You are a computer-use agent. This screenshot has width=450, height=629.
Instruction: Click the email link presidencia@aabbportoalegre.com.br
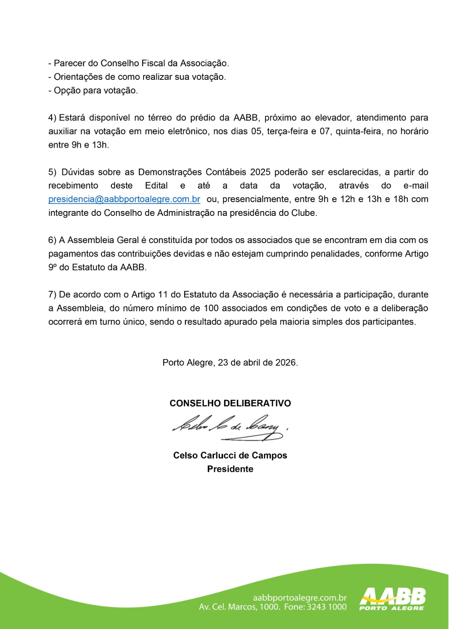[124, 199]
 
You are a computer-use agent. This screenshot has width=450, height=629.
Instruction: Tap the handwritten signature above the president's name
[228, 428]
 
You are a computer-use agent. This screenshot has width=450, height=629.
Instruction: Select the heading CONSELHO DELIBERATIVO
[230, 403]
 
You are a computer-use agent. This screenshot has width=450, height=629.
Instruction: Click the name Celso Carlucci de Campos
[230, 455]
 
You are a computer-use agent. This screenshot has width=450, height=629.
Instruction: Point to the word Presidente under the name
[230, 469]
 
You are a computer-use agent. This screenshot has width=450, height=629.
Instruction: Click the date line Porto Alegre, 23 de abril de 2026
[230, 362]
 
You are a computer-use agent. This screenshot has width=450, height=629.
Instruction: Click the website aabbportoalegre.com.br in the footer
[300, 598]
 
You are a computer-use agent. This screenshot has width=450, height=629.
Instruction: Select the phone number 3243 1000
[327, 607]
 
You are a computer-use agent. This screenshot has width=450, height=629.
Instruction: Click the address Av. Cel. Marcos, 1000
[240, 607]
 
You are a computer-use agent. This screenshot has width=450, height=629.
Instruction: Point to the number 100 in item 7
[211, 308]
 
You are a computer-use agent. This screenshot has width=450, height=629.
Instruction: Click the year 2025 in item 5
[260, 172]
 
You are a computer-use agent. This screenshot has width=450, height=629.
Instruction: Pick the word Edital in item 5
[157, 186]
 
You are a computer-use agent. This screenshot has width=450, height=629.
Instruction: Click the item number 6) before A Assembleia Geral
[52, 240]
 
